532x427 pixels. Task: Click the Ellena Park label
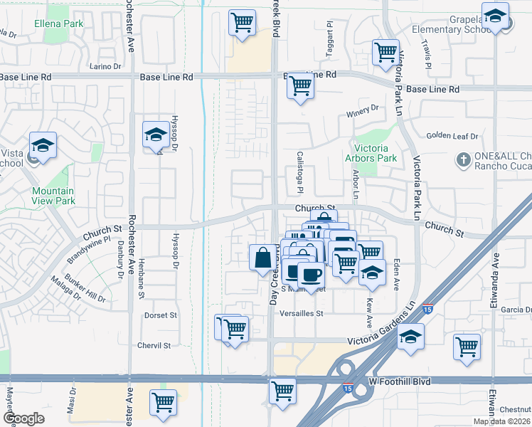58,23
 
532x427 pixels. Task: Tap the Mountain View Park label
53,196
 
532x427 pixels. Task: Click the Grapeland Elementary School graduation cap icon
495,16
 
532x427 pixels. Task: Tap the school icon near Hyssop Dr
156,133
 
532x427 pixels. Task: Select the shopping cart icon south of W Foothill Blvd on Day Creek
282,390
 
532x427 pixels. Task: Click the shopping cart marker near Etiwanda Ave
467,347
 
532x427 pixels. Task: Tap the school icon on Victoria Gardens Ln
410,337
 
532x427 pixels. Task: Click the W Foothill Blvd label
400,381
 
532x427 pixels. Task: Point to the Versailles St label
302,313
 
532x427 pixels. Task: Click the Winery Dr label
363,109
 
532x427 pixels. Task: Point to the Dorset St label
159,315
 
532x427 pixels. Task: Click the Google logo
23,418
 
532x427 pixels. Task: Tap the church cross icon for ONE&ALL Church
463,159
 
